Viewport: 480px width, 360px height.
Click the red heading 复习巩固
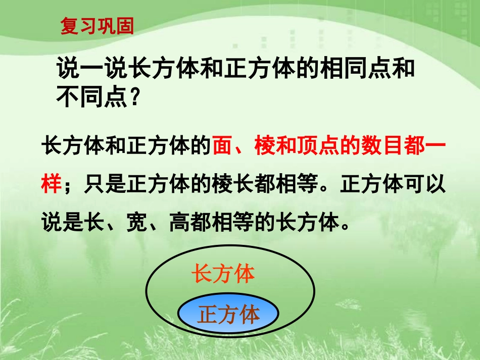(x=97, y=26)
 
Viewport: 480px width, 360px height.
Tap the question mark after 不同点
(x=134, y=96)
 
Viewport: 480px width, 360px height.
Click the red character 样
(x=52, y=184)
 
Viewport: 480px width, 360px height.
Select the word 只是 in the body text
(x=99, y=184)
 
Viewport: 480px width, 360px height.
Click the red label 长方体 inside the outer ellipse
(x=223, y=275)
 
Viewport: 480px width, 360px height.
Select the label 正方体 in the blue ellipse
(x=228, y=314)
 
